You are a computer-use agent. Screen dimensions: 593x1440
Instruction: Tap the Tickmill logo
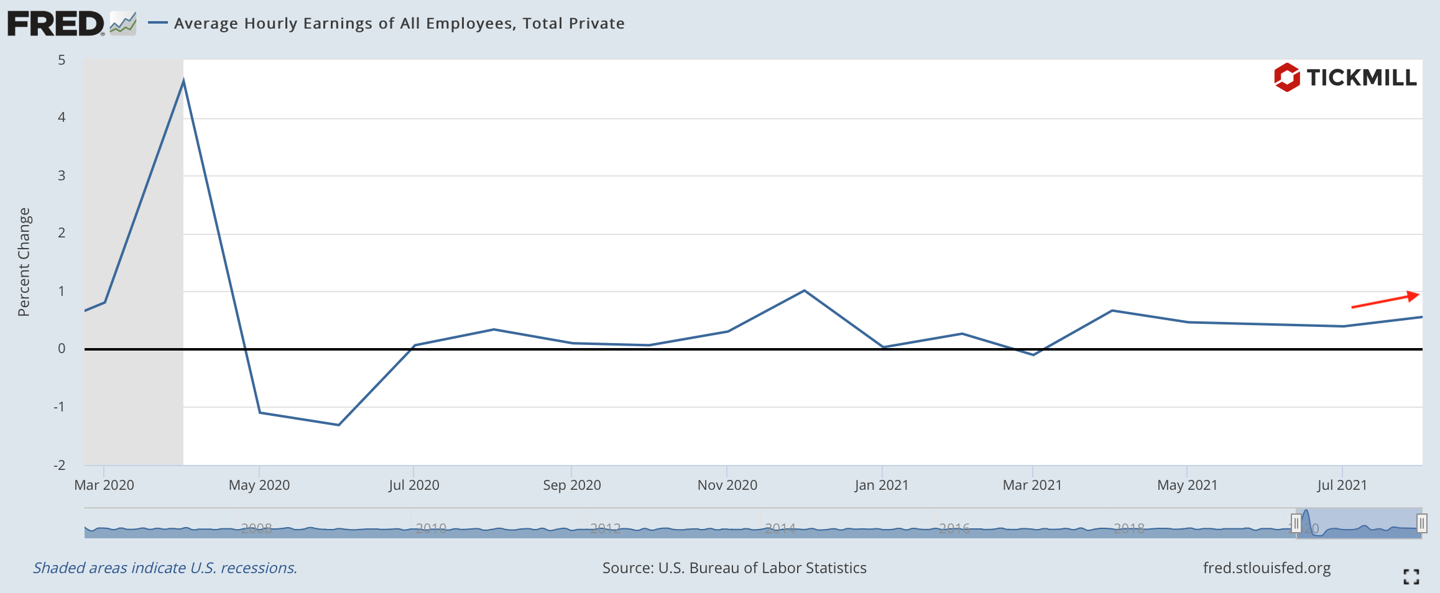coord(1345,78)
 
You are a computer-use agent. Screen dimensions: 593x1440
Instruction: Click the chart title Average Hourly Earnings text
coord(399,24)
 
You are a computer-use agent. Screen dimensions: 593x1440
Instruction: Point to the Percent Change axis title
coord(24,262)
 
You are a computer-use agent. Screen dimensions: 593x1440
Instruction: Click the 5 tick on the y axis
coord(62,60)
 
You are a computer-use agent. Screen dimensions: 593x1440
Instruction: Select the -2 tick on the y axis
coord(60,465)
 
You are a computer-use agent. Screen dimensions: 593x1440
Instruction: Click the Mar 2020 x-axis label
coord(104,485)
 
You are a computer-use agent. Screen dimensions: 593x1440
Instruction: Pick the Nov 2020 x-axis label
coord(727,485)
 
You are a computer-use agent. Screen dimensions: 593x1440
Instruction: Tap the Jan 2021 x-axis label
coord(881,485)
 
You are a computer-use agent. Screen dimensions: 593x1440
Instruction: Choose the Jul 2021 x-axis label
coord(1342,485)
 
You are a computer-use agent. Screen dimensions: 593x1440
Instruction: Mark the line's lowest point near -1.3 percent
coord(338,425)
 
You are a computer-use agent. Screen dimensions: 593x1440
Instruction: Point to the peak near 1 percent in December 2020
coord(804,290)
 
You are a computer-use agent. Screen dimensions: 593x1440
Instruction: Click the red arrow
coord(1385,300)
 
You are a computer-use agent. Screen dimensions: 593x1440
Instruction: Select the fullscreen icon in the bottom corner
coord(1411,577)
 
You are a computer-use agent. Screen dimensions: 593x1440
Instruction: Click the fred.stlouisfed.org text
coord(1267,568)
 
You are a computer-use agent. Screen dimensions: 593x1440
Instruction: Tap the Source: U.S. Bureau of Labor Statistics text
coord(734,568)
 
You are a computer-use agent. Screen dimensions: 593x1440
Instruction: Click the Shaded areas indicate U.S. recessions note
coord(165,568)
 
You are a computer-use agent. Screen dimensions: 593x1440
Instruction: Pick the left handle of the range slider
coord(1296,523)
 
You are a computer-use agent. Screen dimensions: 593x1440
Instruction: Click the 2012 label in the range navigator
coord(605,528)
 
